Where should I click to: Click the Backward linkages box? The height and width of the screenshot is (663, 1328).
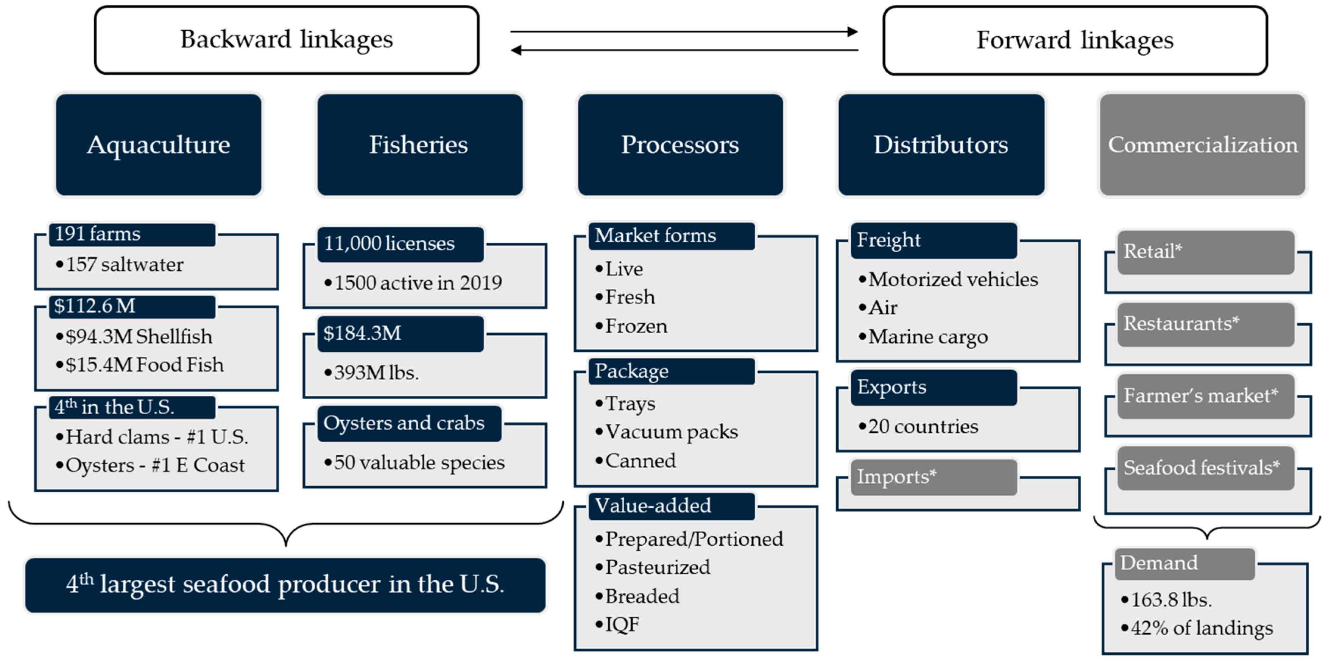tap(287, 40)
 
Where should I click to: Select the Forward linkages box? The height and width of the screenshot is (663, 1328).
tap(1074, 40)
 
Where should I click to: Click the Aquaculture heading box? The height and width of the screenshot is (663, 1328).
tap(158, 144)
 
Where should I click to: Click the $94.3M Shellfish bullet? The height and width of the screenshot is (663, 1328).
tap(134, 337)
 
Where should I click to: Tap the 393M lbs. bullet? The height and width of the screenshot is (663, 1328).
tap(372, 372)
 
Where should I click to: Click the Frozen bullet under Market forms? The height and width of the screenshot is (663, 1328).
tap(631, 326)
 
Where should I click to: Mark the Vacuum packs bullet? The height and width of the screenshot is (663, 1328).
tap(667, 432)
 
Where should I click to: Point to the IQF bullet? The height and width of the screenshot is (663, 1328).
tap(618, 624)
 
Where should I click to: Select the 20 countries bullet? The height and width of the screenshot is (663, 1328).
tap(919, 426)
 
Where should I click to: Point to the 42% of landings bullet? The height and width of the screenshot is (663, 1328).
tap(1197, 628)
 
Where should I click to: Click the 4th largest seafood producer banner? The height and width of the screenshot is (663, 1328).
tap(285, 585)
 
